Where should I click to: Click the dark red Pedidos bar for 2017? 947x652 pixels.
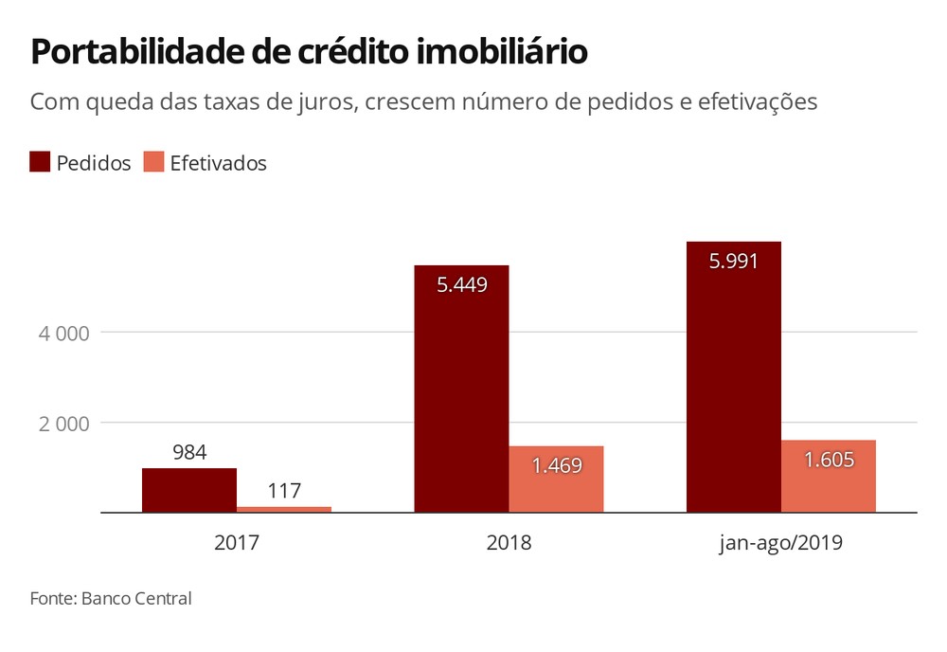(189, 490)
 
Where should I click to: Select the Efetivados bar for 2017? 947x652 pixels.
(284, 510)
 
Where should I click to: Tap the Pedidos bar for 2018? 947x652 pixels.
(461, 389)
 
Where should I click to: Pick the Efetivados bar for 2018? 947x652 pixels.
(556, 480)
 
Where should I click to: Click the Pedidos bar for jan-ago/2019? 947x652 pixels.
(734, 377)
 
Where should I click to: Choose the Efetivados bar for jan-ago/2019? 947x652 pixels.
(829, 476)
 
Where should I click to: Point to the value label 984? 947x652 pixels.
(189, 452)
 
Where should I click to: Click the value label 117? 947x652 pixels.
(284, 490)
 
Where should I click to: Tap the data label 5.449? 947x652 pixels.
(462, 284)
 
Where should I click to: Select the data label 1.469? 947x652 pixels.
(557, 465)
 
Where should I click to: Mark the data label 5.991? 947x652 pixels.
(734, 261)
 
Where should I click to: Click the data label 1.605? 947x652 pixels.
(830, 460)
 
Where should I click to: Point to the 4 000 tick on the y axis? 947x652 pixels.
(64, 333)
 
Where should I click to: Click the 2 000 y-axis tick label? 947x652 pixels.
(64, 424)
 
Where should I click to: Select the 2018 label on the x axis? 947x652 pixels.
(509, 542)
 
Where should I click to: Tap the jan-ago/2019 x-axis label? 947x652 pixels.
(781, 543)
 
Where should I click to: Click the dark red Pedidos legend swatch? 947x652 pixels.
(40, 162)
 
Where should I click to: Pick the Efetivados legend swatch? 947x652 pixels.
(153, 162)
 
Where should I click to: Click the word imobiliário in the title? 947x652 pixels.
(502, 51)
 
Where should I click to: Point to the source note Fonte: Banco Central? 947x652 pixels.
(111, 598)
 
